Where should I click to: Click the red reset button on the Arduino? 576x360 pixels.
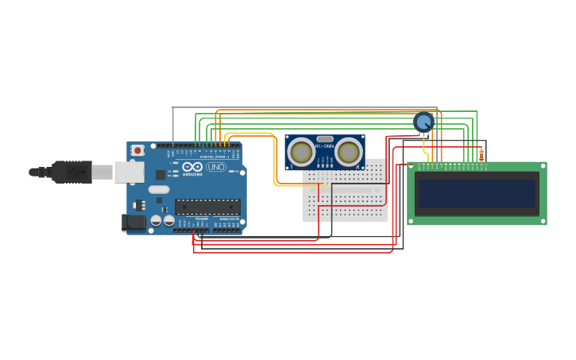tap(137, 149)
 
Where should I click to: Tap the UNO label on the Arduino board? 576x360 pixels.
tap(216, 167)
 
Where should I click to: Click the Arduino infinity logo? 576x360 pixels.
tap(192, 167)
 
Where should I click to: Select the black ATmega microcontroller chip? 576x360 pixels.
tap(207, 207)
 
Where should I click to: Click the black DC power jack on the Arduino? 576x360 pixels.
tap(133, 223)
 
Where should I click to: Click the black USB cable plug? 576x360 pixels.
tap(72, 172)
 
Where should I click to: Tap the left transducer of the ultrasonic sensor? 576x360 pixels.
tap(301, 152)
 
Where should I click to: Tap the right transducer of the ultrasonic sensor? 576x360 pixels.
tap(348, 152)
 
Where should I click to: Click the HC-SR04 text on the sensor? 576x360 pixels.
tap(325, 146)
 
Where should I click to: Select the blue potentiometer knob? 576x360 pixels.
tap(423, 122)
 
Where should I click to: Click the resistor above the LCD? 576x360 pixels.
tap(481, 154)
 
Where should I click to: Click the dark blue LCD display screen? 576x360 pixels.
tap(477, 193)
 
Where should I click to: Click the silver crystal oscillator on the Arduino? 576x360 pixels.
tap(159, 190)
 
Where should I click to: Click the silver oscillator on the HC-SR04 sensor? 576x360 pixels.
tap(324, 139)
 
